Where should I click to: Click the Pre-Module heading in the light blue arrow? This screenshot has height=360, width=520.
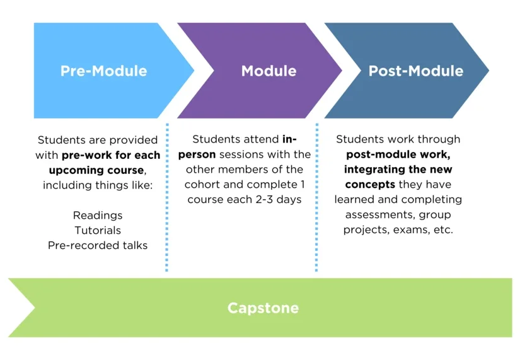tap(103, 71)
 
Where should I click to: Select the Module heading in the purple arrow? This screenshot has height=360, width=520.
tap(269, 71)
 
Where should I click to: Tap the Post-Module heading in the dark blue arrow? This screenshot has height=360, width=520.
tap(415, 71)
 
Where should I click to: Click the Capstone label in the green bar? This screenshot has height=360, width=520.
tap(263, 308)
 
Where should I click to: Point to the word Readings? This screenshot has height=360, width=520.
tap(98, 216)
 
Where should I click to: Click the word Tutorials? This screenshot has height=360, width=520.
tap(98, 230)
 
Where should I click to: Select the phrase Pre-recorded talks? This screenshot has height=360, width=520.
tap(98, 245)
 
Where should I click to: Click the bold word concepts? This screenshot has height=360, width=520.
tap(369, 185)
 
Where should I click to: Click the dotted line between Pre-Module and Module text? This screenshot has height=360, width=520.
tap(167, 195)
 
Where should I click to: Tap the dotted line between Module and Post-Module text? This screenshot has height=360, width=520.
tap(316, 195)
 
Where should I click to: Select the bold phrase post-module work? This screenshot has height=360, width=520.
tap(398, 154)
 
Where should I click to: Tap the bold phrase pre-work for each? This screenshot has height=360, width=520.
tap(111, 155)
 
